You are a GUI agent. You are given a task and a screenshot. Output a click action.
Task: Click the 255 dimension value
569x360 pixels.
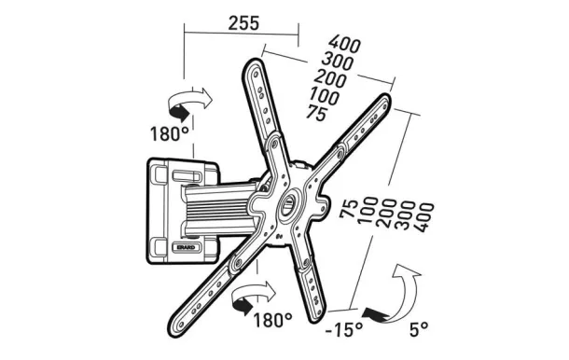[243, 23]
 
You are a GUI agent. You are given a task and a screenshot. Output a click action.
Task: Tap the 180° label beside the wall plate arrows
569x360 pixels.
[170, 133]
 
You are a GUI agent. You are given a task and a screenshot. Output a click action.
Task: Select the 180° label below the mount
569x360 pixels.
[272, 320]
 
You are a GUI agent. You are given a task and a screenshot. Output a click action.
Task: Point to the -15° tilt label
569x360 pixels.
[344, 329]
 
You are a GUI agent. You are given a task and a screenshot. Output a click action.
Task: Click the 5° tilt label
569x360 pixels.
[419, 329]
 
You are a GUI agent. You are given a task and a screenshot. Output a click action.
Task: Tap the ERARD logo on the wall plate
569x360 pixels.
[186, 247]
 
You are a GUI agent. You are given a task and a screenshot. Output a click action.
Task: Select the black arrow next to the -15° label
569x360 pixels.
[376, 314]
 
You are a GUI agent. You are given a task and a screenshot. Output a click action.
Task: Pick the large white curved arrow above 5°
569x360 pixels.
[405, 290]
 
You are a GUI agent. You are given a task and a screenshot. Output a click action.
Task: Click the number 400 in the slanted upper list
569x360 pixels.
[345, 44]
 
